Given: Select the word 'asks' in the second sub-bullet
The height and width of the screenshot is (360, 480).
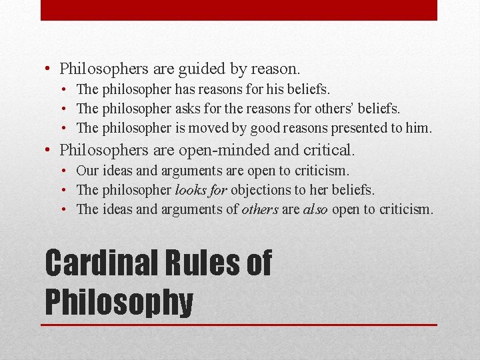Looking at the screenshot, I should point(191,108).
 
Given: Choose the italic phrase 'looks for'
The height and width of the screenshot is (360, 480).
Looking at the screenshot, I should point(201,190).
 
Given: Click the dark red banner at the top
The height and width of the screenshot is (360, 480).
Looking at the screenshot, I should point(239,10).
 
